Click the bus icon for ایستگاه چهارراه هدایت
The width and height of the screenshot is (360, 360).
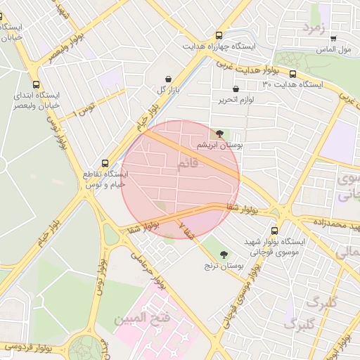tap(220, 34)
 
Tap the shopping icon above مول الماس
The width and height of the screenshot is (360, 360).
tap(333, 39)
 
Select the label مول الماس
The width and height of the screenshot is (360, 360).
tap(335, 50)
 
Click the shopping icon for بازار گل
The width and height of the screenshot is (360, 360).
tap(168, 79)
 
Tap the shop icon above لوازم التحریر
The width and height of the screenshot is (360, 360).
tap(235, 89)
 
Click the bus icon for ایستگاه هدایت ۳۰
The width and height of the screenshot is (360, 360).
tap(292, 74)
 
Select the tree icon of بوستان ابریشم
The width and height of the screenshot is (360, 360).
tap(219, 133)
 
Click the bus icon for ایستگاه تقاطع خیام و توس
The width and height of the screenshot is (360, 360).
tap(105, 162)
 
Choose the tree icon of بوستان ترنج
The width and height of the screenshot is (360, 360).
tap(224, 255)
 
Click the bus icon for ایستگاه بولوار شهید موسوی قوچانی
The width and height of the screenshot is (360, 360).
tap(274, 230)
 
